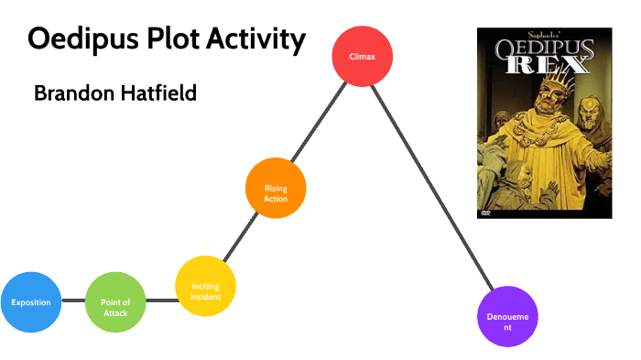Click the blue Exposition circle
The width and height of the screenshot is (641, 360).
tap(31, 301)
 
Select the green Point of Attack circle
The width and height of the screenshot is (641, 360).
tap(115, 302)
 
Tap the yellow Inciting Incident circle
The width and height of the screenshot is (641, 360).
tap(205, 286)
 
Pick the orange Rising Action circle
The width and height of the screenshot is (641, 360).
tap(276, 189)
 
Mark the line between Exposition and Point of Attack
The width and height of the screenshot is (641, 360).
tap(73, 301)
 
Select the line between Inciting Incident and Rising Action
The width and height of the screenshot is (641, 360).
tap(241, 237)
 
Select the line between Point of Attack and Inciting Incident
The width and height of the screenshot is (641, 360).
tap(160, 300)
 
